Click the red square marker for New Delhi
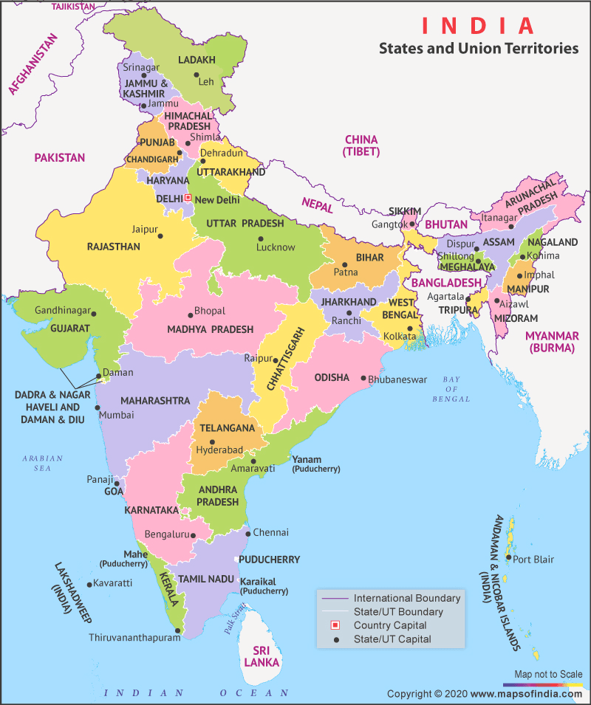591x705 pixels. click(x=188, y=198)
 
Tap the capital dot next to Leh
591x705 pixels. click(x=197, y=75)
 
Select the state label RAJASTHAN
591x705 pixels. click(x=113, y=247)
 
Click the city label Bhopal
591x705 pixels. click(x=210, y=312)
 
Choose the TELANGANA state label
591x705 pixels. click(x=227, y=428)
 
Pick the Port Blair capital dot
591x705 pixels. click(x=508, y=559)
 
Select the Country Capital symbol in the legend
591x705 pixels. click(x=335, y=625)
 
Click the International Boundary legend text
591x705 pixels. click(x=407, y=598)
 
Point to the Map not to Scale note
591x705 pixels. click(x=548, y=674)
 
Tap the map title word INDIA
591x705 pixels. click(x=478, y=26)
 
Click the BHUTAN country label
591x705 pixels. click(x=447, y=224)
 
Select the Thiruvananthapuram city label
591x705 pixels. click(x=134, y=637)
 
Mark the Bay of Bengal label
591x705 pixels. click(x=451, y=389)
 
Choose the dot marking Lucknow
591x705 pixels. click(x=260, y=238)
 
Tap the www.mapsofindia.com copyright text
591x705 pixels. click(x=525, y=694)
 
